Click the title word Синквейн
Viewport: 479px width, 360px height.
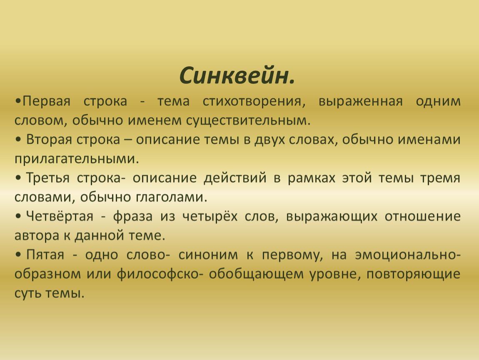[237, 75]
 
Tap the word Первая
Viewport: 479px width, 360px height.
[46, 102]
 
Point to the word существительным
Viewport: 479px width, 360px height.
[248, 121]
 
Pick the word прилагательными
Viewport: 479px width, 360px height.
[77, 159]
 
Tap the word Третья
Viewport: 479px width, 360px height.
[47, 178]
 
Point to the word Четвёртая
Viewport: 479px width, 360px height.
[60, 216]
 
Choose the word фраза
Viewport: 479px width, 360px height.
[132, 216]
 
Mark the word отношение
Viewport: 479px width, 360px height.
[422, 217]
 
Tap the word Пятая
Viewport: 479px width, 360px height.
[45, 255]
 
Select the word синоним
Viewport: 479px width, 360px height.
[208, 255]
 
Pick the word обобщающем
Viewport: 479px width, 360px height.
[256, 274]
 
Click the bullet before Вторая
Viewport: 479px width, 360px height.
[18, 140]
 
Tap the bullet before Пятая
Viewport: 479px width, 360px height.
[18, 255]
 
